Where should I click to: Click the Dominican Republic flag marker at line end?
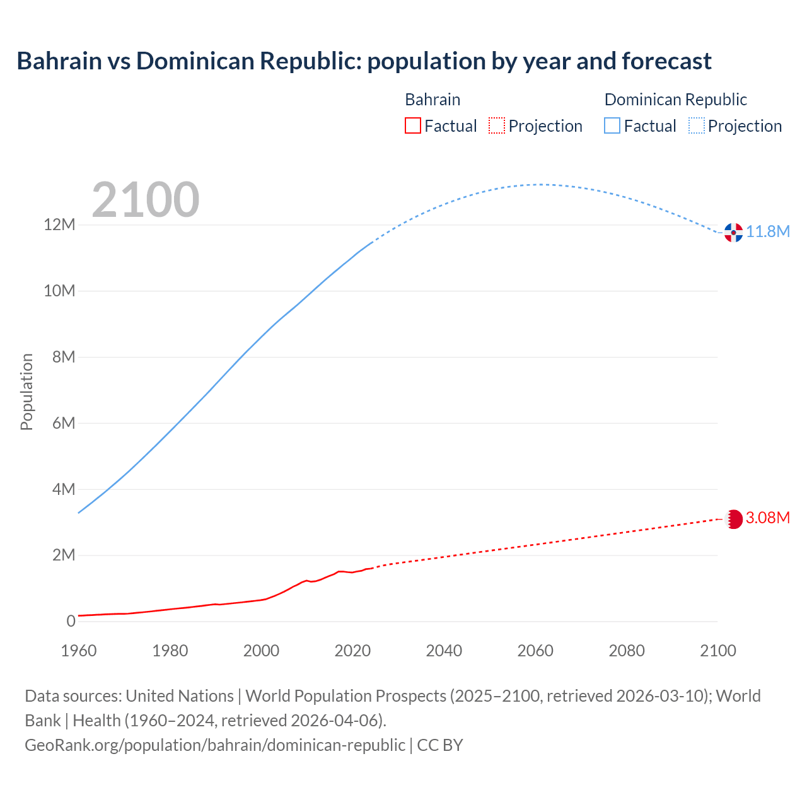(733, 233)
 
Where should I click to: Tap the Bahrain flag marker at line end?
(733, 519)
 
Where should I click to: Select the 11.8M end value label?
(768, 232)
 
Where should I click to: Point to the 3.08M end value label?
(767, 518)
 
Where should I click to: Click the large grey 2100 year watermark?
(146, 200)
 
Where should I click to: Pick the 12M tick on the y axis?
(59, 225)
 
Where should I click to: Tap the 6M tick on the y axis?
(64, 423)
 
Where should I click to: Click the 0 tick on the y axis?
(71, 621)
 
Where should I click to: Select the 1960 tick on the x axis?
(79, 651)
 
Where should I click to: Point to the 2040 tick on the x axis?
(444, 651)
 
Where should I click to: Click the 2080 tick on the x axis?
(627, 651)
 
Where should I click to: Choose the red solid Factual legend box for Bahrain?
(412, 126)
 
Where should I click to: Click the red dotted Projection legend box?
(497, 126)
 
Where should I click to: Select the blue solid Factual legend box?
(612, 126)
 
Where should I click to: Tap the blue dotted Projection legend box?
(697, 126)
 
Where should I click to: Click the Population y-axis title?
(26, 392)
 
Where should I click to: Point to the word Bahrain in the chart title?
(59, 61)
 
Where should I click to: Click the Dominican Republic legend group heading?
(675, 100)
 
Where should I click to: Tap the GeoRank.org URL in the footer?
(215, 745)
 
